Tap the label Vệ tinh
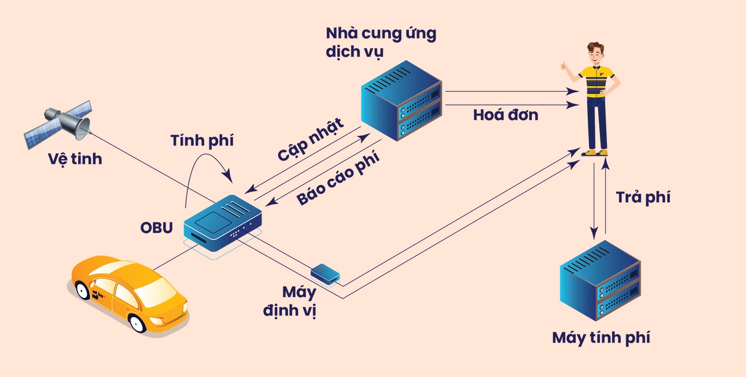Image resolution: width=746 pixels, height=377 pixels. click(75, 159)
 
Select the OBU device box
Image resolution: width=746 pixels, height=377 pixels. click(222, 223)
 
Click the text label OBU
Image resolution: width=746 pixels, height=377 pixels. click(156, 228)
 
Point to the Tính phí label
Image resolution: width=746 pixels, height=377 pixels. click(202, 141)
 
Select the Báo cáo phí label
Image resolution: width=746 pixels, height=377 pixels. click(338, 179)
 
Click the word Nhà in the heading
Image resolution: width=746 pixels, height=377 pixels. click(342, 34)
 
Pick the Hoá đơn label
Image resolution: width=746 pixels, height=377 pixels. click(506, 115)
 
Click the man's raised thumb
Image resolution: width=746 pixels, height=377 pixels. click(564, 65)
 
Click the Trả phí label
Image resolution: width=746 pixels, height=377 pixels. click(643, 197)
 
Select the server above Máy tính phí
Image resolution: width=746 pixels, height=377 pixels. click(600, 280)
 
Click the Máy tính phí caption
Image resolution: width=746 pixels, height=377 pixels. click(601, 338)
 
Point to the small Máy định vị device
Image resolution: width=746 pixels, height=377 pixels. click(325, 273)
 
